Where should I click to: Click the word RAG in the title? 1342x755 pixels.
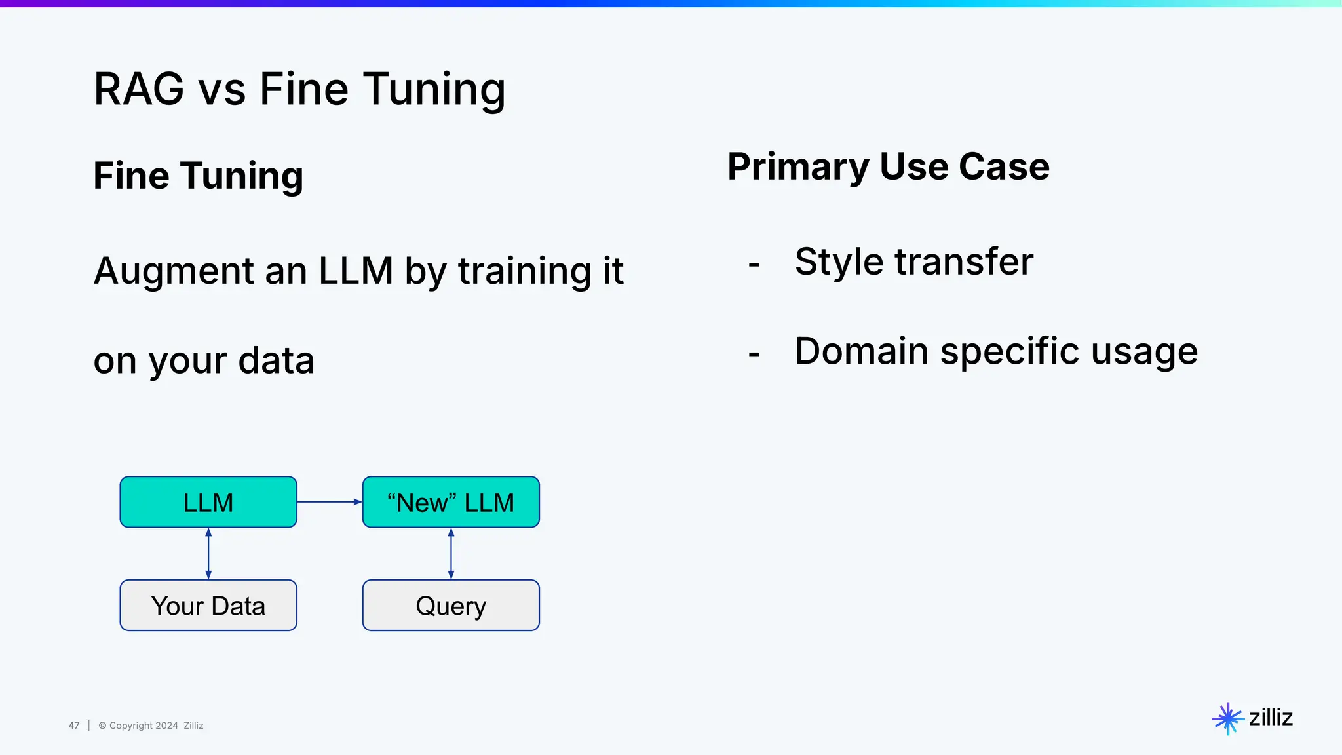pyautogui.click(x=139, y=89)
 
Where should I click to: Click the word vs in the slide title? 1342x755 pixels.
pyautogui.click(x=222, y=89)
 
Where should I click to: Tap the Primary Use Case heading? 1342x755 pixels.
pyautogui.click(x=888, y=166)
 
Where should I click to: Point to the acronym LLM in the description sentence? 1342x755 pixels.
pyautogui.click(x=355, y=271)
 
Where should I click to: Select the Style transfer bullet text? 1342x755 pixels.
pyautogui.click(x=913, y=261)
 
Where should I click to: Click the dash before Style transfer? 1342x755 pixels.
pyautogui.click(x=754, y=264)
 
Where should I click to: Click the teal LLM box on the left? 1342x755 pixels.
pyautogui.click(x=208, y=502)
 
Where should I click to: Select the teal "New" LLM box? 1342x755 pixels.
pyautogui.click(x=451, y=502)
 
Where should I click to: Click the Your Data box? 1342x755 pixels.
pyautogui.click(x=208, y=606)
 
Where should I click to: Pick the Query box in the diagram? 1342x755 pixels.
pyautogui.click(x=451, y=606)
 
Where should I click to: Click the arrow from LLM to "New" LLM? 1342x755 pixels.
pyautogui.click(x=329, y=502)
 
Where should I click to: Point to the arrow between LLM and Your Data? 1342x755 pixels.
pyautogui.click(x=208, y=554)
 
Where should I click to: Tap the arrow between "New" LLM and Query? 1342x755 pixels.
pyautogui.click(x=451, y=554)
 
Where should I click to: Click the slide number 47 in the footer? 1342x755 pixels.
pyautogui.click(x=74, y=726)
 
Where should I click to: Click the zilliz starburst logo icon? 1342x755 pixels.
pyautogui.click(x=1227, y=718)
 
